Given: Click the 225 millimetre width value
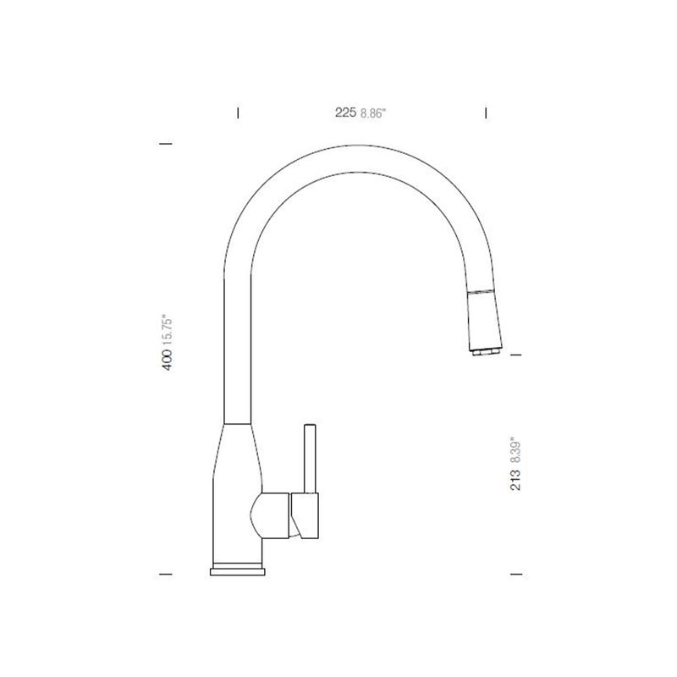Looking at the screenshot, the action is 346,113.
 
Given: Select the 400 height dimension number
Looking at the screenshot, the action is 167,360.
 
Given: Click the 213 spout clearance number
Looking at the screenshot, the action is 515,479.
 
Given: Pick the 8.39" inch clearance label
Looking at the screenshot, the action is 515,452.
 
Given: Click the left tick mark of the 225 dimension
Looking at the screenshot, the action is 238,113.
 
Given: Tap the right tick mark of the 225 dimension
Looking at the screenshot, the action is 486,113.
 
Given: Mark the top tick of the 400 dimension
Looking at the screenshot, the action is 166,143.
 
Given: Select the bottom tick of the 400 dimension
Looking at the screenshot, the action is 166,575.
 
